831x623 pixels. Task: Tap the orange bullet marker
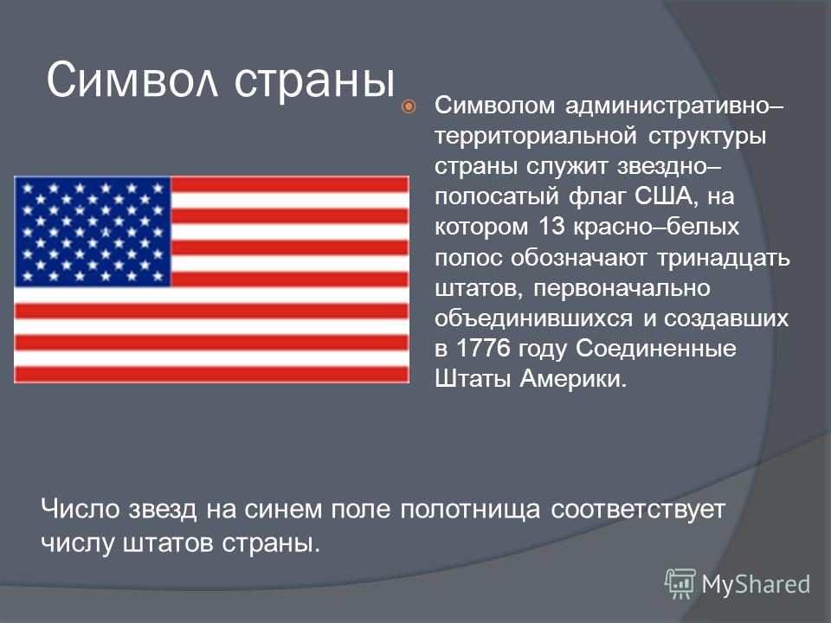[409, 107]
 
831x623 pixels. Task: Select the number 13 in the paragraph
[551, 227]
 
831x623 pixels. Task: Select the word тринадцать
[724, 259]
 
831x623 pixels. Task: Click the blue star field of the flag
[93, 232]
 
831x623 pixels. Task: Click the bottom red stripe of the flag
[211, 374]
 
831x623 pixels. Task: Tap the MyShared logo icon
[680, 584]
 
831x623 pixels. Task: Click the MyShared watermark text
[756, 584]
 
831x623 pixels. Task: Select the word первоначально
[622, 290]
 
